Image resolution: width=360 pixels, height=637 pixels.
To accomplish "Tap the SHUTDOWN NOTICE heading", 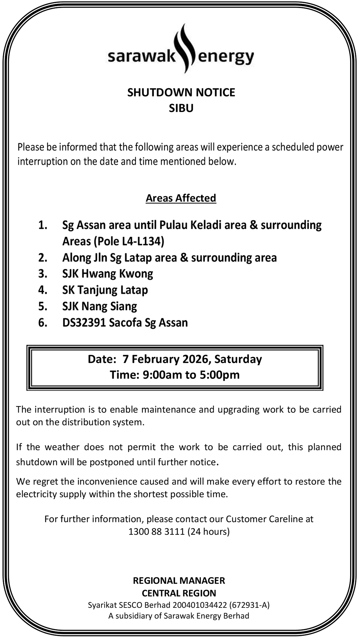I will point(181,92).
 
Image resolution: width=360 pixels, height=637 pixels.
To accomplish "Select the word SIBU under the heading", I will point(181,108).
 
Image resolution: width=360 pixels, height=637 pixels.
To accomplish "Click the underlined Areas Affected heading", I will point(181,198).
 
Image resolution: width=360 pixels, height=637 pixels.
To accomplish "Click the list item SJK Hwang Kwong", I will point(108,274).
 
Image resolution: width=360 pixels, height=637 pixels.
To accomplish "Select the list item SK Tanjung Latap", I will point(105,290).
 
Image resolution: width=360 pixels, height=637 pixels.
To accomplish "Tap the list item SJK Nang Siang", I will point(100,306).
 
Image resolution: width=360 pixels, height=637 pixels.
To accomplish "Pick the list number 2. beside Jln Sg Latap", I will point(43,258).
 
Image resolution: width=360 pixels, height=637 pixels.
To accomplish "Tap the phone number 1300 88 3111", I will point(157,531).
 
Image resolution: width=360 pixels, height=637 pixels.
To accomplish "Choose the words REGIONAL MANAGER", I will point(179,581).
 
